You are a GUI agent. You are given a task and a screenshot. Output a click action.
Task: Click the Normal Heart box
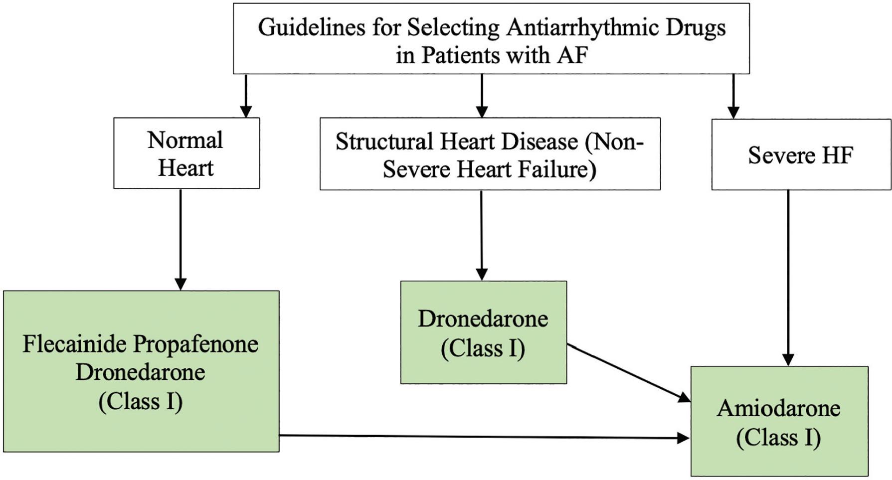(x=186, y=153)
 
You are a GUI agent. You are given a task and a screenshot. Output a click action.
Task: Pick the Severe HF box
(x=800, y=155)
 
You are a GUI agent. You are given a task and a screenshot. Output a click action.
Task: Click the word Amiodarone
(x=778, y=409)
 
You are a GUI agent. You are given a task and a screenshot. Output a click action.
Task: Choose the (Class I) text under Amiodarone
(x=778, y=438)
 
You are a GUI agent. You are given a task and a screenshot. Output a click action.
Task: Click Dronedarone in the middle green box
(x=483, y=319)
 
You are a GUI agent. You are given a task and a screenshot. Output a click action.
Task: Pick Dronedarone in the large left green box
(x=140, y=372)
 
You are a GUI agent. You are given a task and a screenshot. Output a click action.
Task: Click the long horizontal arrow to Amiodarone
(x=484, y=437)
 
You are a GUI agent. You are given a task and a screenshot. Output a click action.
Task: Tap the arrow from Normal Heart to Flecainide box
(x=180, y=239)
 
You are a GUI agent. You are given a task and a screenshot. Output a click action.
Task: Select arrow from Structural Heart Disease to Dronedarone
(x=482, y=234)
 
